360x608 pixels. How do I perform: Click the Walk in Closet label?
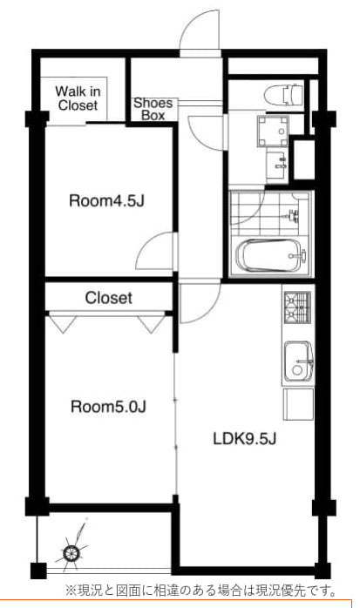(x=78, y=98)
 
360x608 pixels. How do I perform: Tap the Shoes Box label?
(x=153, y=109)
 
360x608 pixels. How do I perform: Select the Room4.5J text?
(x=106, y=201)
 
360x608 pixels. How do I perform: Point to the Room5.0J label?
(x=108, y=407)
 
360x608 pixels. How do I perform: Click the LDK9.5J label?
(x=245, y=438)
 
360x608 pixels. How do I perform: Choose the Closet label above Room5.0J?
(x=109, y=298)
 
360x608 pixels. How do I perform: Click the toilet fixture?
(x=283, y=94)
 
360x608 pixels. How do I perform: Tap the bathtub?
(x=268, y=255)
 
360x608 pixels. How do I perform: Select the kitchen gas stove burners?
(x=298, y=307)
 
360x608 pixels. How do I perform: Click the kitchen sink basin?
(x=298, y=361)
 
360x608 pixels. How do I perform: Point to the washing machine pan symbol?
(x=273, y=131)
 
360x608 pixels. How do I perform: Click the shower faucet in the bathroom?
(x=294, y=214)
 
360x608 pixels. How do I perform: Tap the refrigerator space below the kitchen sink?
(x=298, y=404)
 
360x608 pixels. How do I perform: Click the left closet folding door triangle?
(x=63, y=324)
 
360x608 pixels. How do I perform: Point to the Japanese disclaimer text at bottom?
(x=201, y=591)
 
